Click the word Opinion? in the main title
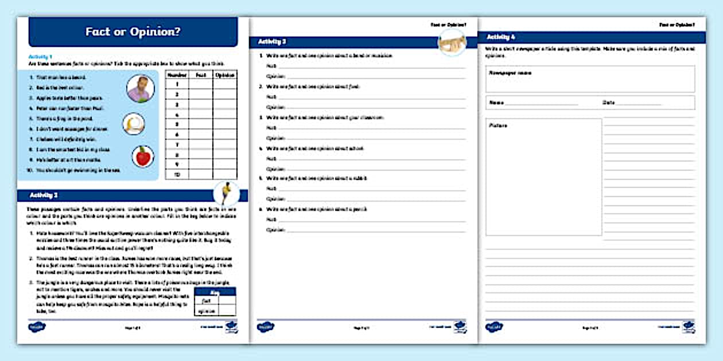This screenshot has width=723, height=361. pyautogui.click(x=157, y=32)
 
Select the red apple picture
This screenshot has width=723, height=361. pyautogui.click(x=142, y=156)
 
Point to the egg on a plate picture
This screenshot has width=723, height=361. pyautogui.click(x=133, y=124)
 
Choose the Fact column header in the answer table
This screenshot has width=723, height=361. pyautogui.click(x=201, y=74)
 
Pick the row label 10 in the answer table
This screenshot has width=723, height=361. pyautogui.click(x=177, y=174)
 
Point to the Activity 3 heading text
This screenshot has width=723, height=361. pyautogui.click(x=272, y=42)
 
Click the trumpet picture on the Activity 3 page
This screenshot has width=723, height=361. pyautogui.click(x=452, y=44)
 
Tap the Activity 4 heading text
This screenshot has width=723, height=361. pyautogui.click(x=501, y=37)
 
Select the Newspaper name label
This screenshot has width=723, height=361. pyautogui.click(x=510, y=73)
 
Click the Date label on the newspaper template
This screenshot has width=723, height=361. pyautogui.click(x=609, y=103)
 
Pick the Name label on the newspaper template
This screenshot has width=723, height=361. pyautogui.click(x=496, y=103)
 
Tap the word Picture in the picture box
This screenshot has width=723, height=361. pyautogui.click(x=498, y=125)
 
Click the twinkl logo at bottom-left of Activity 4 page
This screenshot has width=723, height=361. pyautogui.click(x=495, y=327)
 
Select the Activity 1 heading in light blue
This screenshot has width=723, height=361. pyautogui.click(x=40, y=57)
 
